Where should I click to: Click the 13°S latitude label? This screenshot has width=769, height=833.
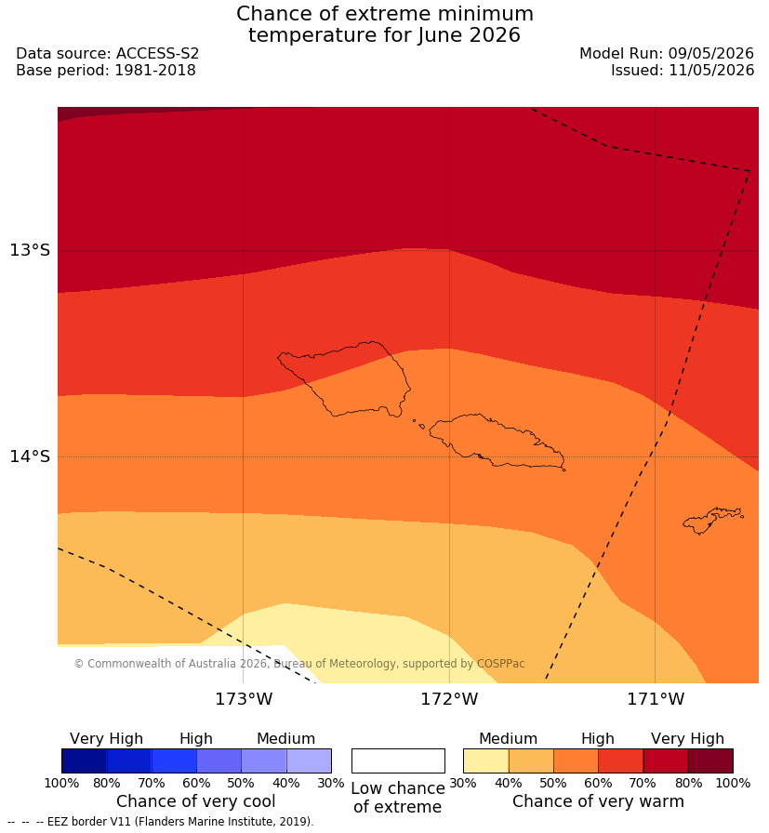[x=30, y=250]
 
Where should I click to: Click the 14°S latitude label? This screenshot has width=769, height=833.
[x=30, y=456]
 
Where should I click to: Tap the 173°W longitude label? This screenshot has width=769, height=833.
[x=244, y=699]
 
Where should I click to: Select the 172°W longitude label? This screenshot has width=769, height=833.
[x=450, y=699]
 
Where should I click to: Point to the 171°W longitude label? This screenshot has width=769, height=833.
[x=656, y=699]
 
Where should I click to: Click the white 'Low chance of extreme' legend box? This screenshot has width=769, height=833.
[x=398, y=760]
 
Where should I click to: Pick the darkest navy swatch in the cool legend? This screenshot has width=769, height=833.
[x=84, y=760]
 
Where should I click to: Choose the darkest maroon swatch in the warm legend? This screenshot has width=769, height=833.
[x=710, y=760]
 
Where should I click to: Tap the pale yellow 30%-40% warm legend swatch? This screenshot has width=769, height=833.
[x=485, y=760]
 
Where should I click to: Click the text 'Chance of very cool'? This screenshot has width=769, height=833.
[x=195, y=801]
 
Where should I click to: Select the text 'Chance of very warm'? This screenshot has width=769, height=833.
[x=598, y=801]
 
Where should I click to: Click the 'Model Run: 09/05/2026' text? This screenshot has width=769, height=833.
[x=667, y=54]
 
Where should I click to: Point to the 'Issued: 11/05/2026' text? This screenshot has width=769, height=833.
[x=683, y=70]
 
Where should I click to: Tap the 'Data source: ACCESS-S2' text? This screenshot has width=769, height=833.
[x=107, y=54]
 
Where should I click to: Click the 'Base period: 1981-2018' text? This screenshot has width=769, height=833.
[x=106, y=70]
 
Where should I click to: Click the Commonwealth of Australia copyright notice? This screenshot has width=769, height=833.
[x=299, y=664]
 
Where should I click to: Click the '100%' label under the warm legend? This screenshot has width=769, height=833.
[x=734, y=783]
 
